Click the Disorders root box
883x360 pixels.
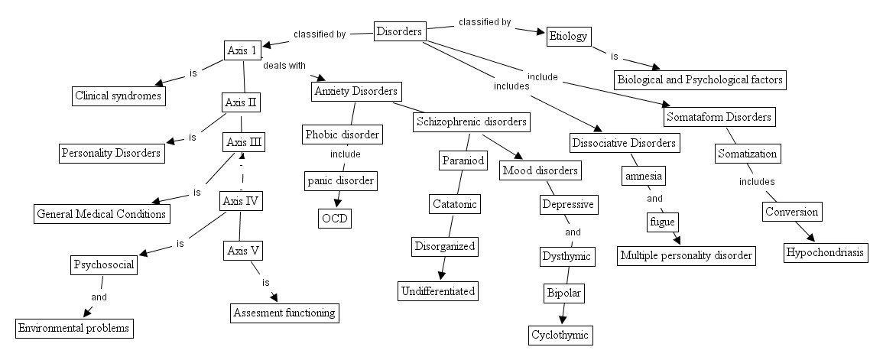pyautogui.click(x=400, y=31)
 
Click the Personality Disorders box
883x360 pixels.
pyautogui.click(x=112, y=153)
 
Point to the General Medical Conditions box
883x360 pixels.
pyautogui.click(x=101, y=214)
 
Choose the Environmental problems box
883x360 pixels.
pyautogui.click(x=74, y=329)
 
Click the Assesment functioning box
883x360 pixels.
pyautogui.click(x=284, y=313)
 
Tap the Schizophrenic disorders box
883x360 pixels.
pyautogui.click(x=470, y=122)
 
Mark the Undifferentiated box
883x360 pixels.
pyautogui.click(x=438, y=290)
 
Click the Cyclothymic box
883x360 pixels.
pyautogui.click(x=560, y=335)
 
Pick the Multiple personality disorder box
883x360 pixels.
pyautogui.click(x=687, y=255)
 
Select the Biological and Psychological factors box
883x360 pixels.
pyautogui.click(x=700, y=79)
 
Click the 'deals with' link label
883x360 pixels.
pyautogui.click(x=284, y=65)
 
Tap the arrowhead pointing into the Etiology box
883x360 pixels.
pyautogui.click(x=541, y=32)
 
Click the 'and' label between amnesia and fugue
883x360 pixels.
pyautogui.click(x=654, y=199)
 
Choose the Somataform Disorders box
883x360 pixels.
pyautogui.click(x=719, y=118)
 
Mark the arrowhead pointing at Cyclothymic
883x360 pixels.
pyautogui.click(x=563, y=319)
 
